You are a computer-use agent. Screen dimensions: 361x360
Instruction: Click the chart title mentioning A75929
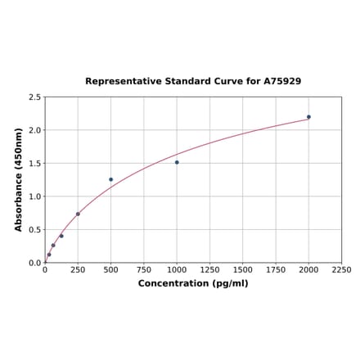click(x=193, y=82)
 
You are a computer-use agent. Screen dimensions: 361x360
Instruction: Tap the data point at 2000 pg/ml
click(x=308, y=116)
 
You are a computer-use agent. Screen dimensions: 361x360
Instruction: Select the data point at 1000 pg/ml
click(x=177, y=162)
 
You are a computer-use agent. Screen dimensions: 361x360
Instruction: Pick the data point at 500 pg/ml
click(x=111, y=179)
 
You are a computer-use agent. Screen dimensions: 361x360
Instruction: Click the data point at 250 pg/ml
click(x=78, y=214)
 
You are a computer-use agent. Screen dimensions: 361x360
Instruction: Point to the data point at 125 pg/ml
click(x=61, y=236)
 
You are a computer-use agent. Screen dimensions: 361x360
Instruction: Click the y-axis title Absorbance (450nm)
click(x=19, y=179)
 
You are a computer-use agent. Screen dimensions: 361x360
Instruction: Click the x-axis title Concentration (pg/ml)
click(x=193, y=283)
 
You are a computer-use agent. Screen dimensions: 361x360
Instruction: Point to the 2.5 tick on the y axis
click(x=35, y=97)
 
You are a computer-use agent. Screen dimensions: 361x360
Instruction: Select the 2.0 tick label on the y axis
click(x=35, y=130)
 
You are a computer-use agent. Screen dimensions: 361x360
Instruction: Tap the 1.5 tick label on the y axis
click(x=35, y=164)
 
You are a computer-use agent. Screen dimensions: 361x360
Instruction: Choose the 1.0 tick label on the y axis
click(x=35, y=196)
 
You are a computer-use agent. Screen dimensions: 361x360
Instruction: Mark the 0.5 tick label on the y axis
click(x=35, y=230)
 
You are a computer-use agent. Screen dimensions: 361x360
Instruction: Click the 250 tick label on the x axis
click(x=78, y=269)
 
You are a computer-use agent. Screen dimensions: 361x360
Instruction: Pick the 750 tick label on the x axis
click(x=144, y=269)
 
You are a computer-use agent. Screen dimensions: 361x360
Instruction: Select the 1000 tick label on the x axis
click(x=177, y=269)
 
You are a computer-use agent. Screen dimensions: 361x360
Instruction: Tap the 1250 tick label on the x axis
click(x=209, y=269)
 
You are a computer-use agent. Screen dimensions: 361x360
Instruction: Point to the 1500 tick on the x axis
click(x=243, y=269)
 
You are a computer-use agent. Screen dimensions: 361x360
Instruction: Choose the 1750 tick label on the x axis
click(x=276, y=269)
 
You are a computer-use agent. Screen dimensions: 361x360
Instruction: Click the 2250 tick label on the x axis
click(x=341, y=269)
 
